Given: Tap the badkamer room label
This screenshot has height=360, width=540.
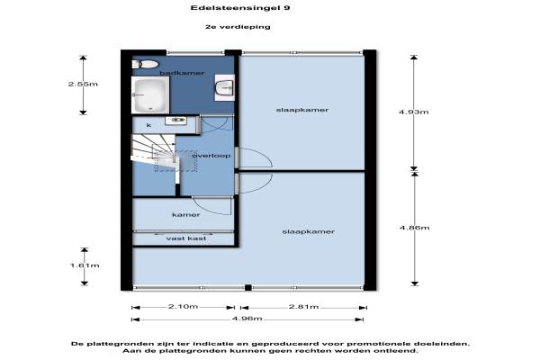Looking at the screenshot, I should pyautogui.click(x=182, y=73).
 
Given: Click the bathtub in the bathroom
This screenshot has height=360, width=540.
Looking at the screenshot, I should pyautogui.click(x=150, y=93).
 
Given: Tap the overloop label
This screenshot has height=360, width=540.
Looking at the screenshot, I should pyautogui.click(x=211, y=156).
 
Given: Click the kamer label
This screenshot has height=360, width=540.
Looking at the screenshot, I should pyautogui.click(x=185, y=215).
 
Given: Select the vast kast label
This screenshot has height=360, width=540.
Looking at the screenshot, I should pyautogui.click(x=186, y=238).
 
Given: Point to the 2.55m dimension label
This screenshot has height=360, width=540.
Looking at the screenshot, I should pyautogui.click(x=84, y=83).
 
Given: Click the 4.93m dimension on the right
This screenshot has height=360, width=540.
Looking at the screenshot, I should pyautogui.click(x=415, y=112).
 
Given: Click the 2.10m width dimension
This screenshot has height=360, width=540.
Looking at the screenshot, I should pyautogui.click(x=184, y=307).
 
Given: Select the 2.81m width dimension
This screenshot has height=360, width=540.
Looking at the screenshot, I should pyautogui.click(x=305, y=307).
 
